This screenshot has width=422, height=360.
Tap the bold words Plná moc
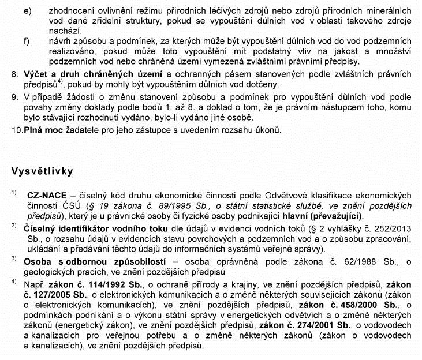point(42,130)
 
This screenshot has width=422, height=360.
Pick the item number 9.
point(15,98)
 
